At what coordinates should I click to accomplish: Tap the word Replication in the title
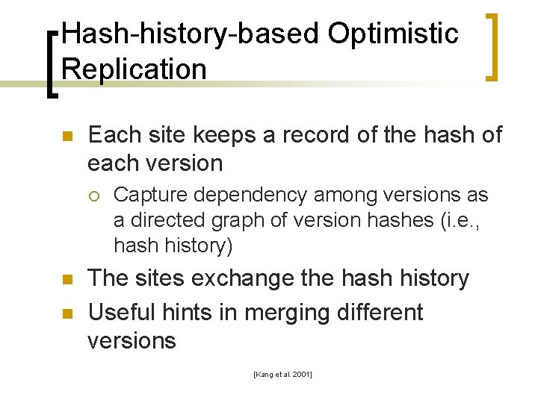tap(134, 69)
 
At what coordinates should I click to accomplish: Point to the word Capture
tap(147, 196)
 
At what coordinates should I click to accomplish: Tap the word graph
tap(235, 220)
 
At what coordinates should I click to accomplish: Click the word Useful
tap(120, 312)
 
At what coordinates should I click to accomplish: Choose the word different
tap(383, 312)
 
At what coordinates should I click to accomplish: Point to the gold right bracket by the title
tap(492, 46)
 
